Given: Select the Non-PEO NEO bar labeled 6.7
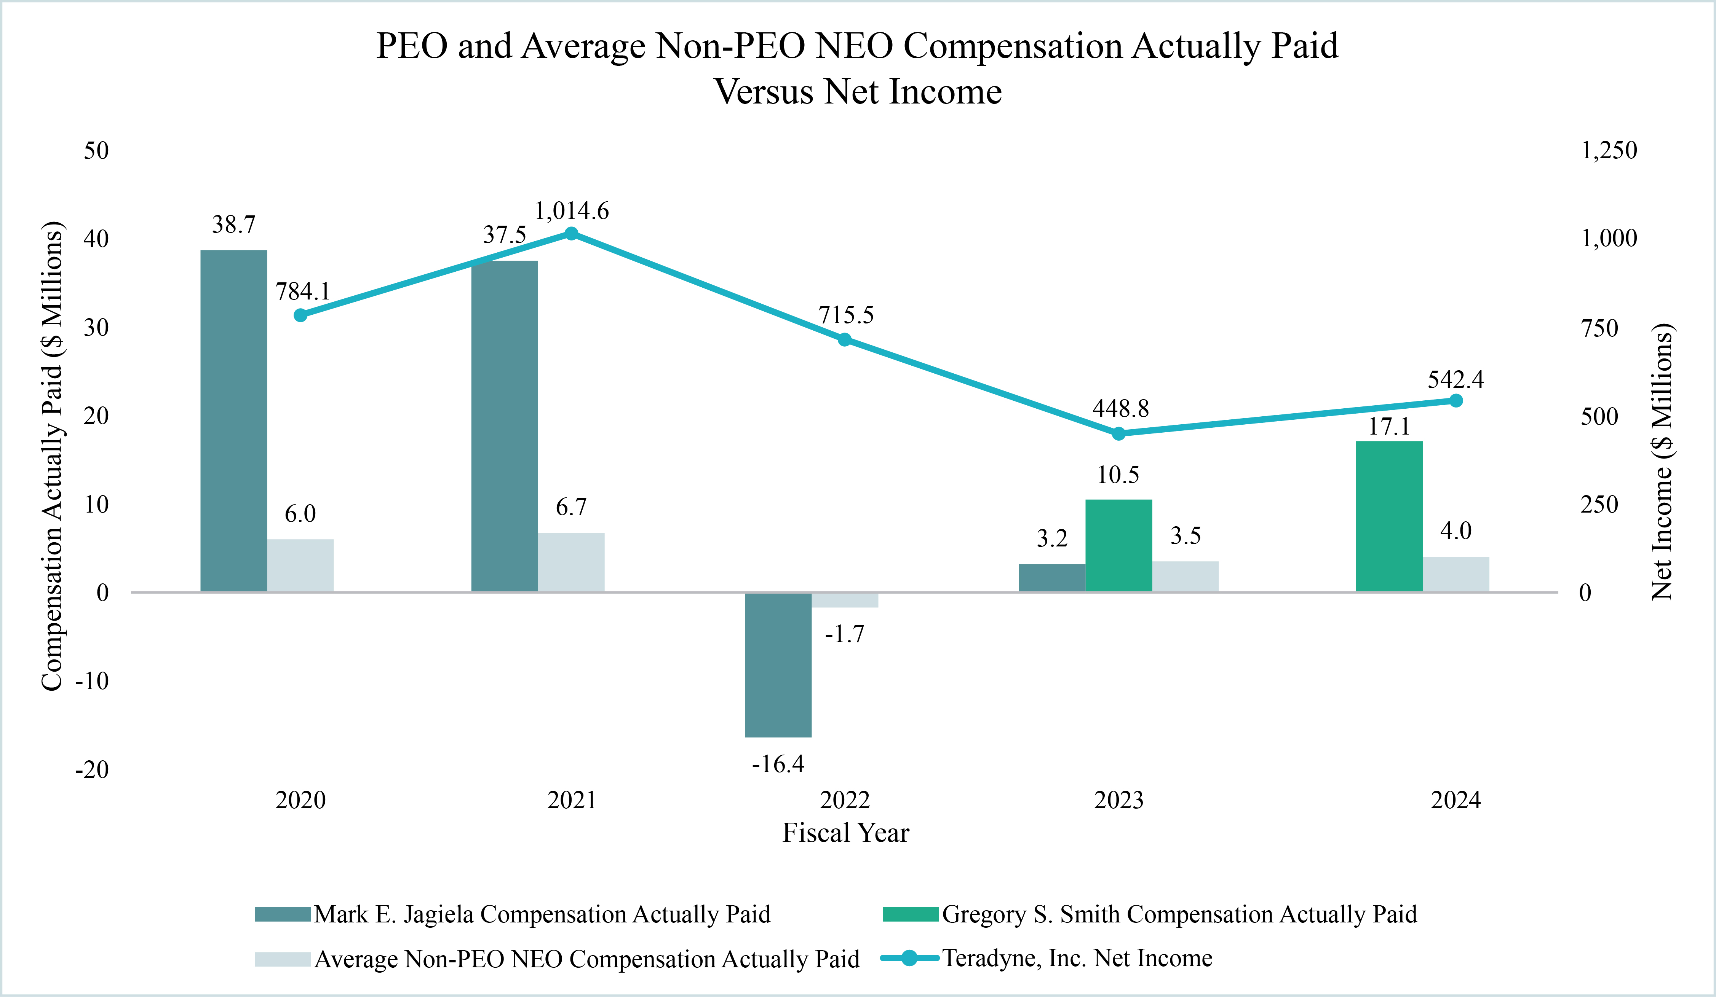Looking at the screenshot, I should pos(570,562).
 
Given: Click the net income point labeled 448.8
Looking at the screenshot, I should pos(1118,433).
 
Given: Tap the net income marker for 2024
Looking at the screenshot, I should pos(1456,401).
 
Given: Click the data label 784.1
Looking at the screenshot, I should pos(302,291).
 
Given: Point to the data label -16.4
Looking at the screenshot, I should pos(778,764).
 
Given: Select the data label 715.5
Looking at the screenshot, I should pos(846,315).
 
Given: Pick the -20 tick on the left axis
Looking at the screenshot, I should pos(92,770).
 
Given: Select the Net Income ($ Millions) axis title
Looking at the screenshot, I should pos(1662,462).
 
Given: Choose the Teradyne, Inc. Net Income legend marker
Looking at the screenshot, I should pos(909,958).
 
